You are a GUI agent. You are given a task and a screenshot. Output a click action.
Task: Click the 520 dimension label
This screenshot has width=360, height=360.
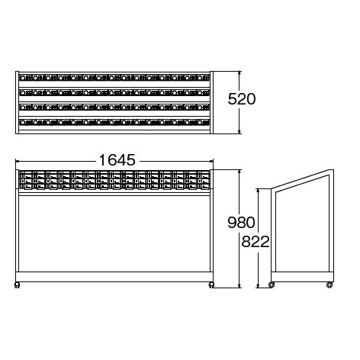[242, 99]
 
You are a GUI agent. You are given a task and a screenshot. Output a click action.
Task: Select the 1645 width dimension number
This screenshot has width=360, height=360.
[117, 160]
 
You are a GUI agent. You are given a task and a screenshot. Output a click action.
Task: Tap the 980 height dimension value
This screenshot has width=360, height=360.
[241, 222]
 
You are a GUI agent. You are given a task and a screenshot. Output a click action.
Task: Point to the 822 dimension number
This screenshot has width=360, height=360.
[256, 242]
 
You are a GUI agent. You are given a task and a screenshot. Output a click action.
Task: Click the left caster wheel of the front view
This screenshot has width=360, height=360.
[17, 285]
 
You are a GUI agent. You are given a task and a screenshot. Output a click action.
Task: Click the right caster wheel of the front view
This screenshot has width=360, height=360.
[211, 285]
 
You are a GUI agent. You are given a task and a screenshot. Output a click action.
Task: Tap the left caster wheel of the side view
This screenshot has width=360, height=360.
[272, 285]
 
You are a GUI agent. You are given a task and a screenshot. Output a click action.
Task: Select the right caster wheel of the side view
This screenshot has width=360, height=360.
[329, 285]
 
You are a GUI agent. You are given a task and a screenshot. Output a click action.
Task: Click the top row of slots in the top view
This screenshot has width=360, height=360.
[114, 78]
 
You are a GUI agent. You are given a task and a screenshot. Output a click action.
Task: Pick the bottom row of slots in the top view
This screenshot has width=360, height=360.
[114, 122]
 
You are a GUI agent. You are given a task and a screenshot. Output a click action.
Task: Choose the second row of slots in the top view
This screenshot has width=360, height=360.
[114, 92]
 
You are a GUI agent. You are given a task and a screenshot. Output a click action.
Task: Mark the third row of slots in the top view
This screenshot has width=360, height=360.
[114, 108]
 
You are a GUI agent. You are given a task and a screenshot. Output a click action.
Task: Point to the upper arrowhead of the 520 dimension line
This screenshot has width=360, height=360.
[239, 74]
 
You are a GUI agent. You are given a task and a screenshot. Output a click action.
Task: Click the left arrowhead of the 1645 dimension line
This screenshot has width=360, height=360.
[18, 161]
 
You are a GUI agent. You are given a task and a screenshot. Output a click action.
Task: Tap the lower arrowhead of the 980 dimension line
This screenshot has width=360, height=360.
[239, 285]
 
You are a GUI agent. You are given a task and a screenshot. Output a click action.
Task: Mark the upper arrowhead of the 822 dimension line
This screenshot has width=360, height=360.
[259, 191]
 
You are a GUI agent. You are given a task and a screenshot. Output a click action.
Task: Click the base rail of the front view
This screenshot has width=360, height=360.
[114, 277]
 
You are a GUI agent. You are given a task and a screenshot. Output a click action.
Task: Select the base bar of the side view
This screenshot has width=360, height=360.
[302, 277]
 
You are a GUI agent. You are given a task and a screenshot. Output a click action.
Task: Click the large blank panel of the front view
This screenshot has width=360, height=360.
[114, 233]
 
